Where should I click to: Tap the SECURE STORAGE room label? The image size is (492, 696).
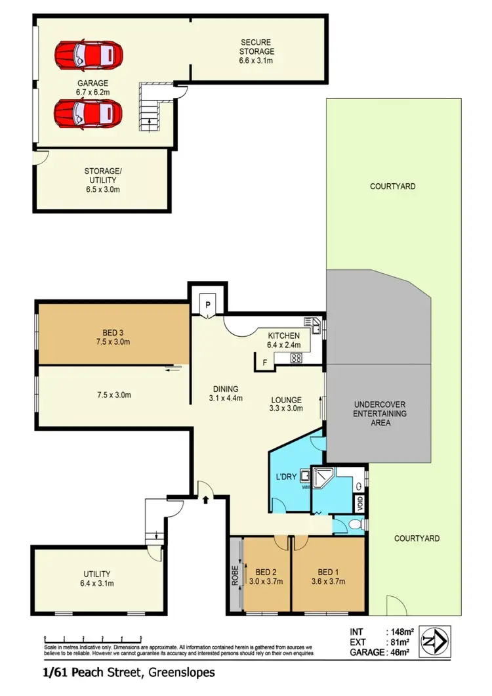(256, 51)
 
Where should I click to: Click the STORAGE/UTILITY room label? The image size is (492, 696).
(102, 180)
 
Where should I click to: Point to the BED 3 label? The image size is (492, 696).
(113, 332)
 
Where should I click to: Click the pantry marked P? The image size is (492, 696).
(208, 305)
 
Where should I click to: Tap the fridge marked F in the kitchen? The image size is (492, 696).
(264, 362)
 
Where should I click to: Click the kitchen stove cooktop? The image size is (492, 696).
(296, 359)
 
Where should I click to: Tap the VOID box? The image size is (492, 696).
(359, 504)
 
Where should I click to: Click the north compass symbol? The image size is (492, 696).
(434, 640)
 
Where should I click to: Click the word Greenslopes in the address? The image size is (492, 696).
(182, 672)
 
